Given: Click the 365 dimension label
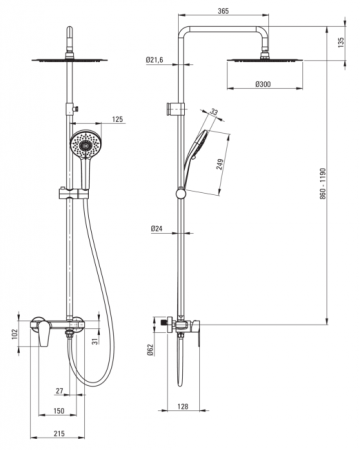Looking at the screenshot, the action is click(x=223, y=11).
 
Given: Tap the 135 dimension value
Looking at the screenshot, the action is click(x=341, y=42).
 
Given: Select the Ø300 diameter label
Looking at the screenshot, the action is click(x=263, y=84).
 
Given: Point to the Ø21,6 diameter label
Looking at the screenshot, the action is click(x=154, y=60).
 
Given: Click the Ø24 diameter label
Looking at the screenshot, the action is click(x=156, y=229).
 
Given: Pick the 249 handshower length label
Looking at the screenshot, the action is click(x=220, y=164).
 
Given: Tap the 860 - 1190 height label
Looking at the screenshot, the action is click(x=323, y=184).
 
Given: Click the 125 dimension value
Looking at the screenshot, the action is click(x=117, y=119).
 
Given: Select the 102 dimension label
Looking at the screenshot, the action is click(x=14, y=334).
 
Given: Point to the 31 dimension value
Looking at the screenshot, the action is click(x=94, y=341).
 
